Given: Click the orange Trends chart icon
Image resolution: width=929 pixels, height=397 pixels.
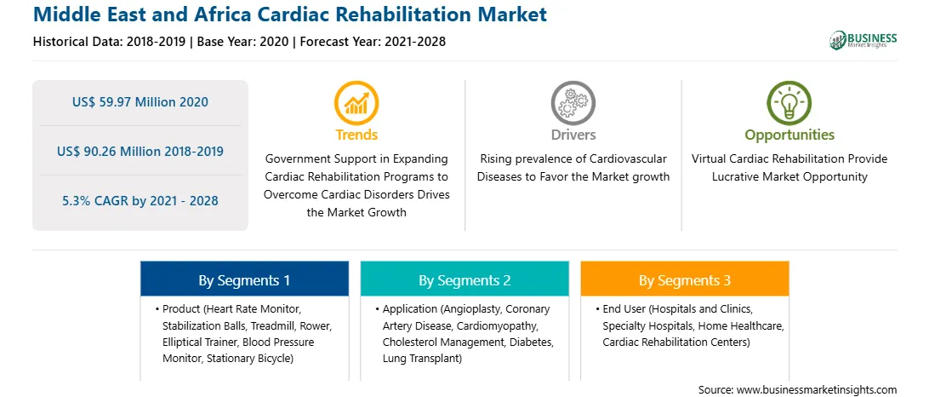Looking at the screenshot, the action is point(356,103).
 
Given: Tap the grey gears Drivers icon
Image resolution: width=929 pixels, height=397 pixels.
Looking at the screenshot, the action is point(573,103).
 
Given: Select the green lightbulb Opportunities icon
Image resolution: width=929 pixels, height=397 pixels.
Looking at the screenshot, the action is point(789,103).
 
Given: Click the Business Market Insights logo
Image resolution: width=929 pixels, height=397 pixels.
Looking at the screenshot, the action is point(863,40).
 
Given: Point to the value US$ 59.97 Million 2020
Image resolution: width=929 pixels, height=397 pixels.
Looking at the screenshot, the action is point(140,102).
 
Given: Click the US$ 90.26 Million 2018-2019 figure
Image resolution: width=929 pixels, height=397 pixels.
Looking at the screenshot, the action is point(140,152).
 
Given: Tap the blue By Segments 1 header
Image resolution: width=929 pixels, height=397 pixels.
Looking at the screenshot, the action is point(244,279).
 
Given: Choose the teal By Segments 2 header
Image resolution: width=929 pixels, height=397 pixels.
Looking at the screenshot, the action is point(464,279).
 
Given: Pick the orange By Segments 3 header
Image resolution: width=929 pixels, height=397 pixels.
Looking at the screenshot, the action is point(685,279).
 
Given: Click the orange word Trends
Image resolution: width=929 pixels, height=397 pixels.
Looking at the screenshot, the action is point(356,135).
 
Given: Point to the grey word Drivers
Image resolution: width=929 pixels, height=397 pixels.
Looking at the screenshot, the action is point(573,135).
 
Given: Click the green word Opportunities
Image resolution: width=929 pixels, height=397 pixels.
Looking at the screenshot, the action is point(789,135).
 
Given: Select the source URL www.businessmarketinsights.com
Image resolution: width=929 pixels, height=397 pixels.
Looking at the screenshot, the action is point(816,389).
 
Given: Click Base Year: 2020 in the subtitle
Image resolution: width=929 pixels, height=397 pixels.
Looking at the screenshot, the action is point(243,42).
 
